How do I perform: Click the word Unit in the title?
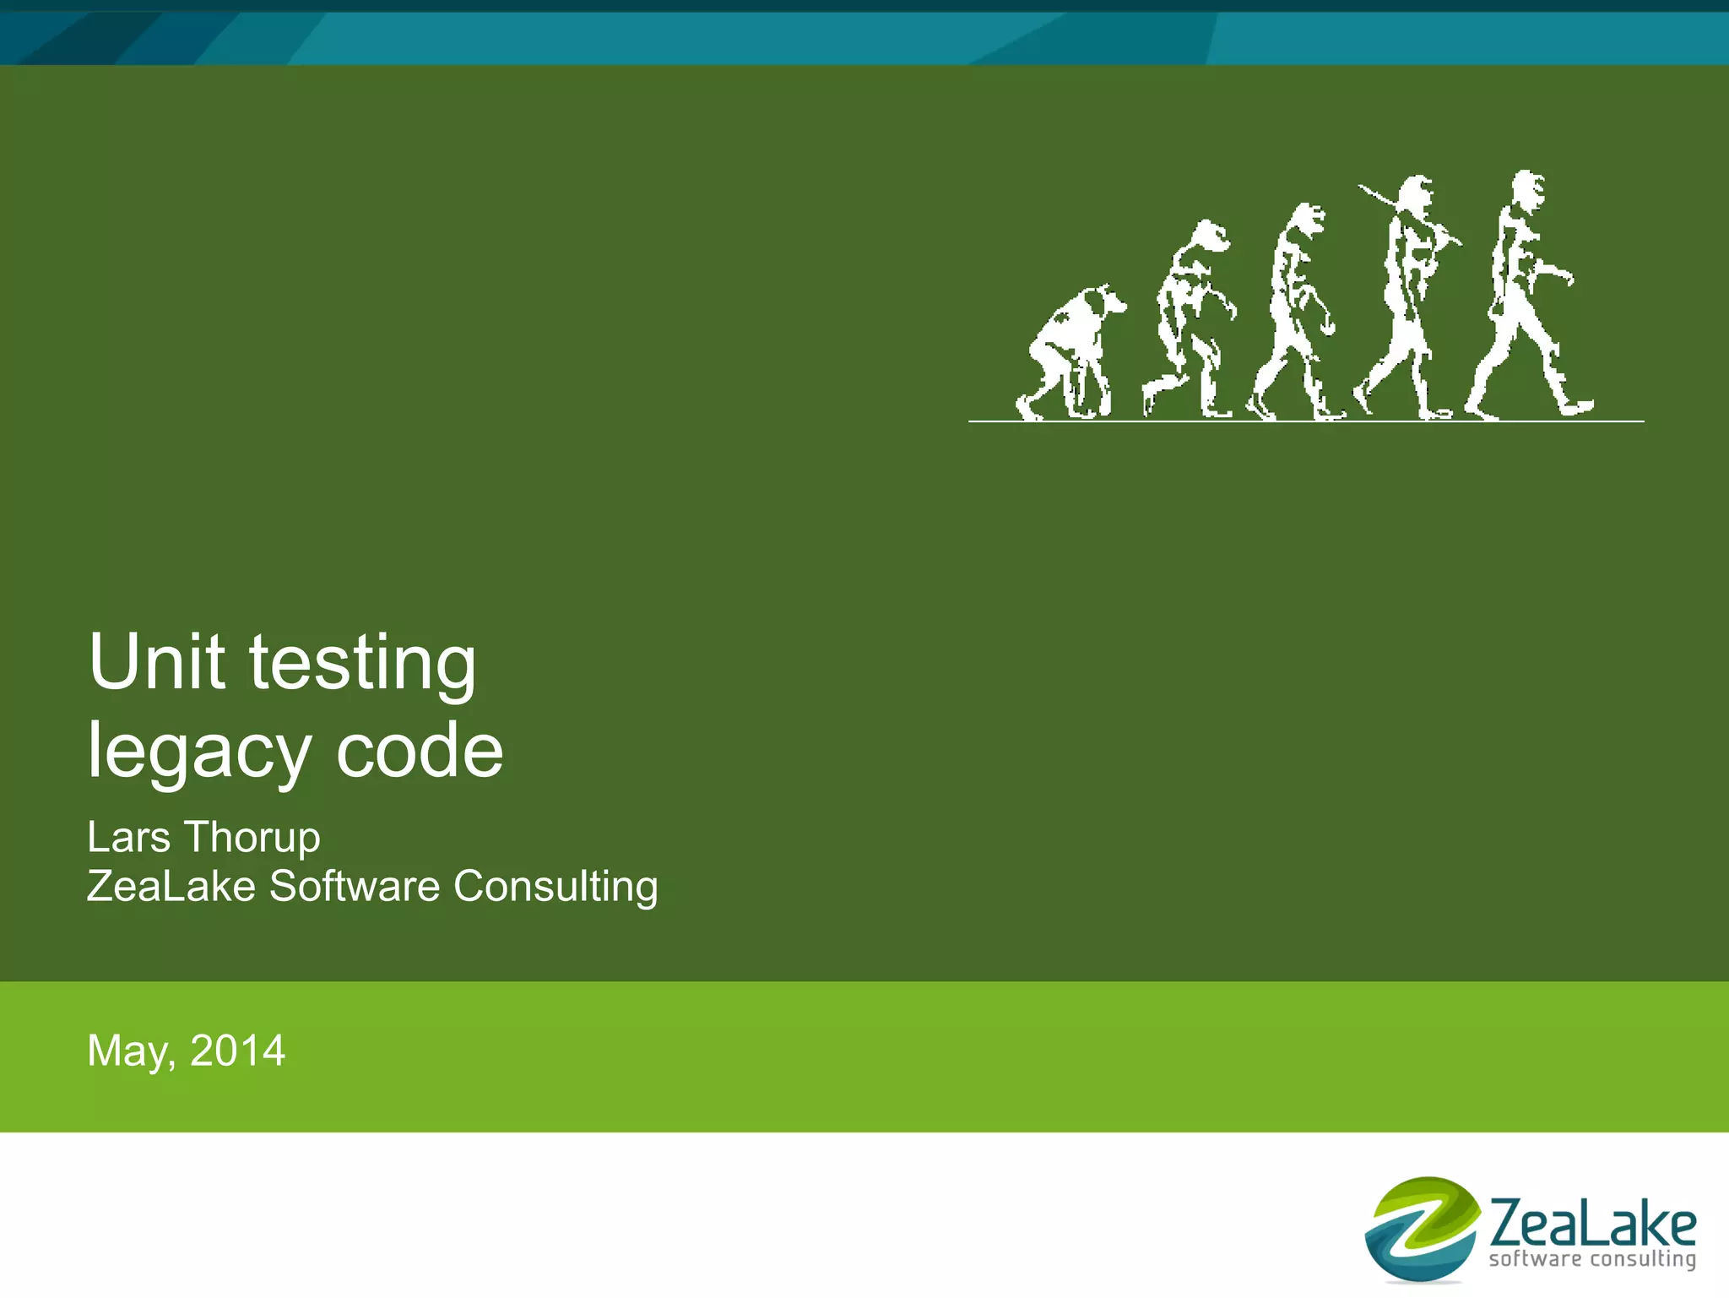[157, 662]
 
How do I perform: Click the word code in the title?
[420, 751]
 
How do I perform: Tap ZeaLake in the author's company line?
[171, 887]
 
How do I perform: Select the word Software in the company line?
[355, 887]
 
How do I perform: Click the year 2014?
[237, 1051]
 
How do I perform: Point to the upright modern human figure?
[1524, 296]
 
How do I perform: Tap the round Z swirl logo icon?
[1423, 1229]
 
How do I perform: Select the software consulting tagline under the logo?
[1592, 1259]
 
